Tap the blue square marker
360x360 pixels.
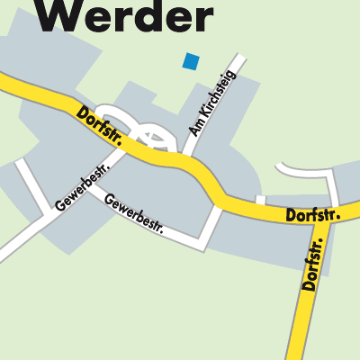(x=190, y=61)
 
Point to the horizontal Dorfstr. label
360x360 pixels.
(x=312, y=215)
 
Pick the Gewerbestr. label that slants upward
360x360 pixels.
(x=81, y=187)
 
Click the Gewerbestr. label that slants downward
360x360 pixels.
(x=134, y=212)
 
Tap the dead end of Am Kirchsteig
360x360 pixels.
(x=241, y=59)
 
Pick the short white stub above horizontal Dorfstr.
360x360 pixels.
(x=260, y=200)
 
